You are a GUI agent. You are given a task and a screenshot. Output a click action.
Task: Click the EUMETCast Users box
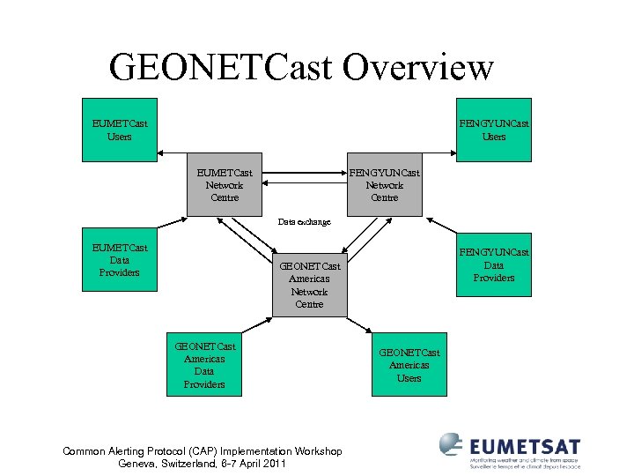[x=119, y=130]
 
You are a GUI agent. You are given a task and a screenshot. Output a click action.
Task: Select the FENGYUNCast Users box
[x=494, y=130]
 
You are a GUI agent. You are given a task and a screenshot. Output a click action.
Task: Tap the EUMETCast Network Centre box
[x=225, y=185]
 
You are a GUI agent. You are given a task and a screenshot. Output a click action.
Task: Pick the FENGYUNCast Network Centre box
[x=384, y=185]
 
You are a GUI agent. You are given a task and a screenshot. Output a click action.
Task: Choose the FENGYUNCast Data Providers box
[x=494, y=265]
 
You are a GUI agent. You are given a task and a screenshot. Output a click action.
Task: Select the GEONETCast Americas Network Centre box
[x=309, y=285]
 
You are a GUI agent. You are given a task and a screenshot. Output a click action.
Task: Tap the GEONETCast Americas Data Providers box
[x=204, y=365]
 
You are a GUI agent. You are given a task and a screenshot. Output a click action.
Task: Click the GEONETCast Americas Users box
[x=409, y=364]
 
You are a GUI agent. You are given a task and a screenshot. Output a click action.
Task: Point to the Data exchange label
[x=304, y=222]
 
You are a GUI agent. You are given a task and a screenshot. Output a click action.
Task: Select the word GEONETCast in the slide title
[x=225, y=67]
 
